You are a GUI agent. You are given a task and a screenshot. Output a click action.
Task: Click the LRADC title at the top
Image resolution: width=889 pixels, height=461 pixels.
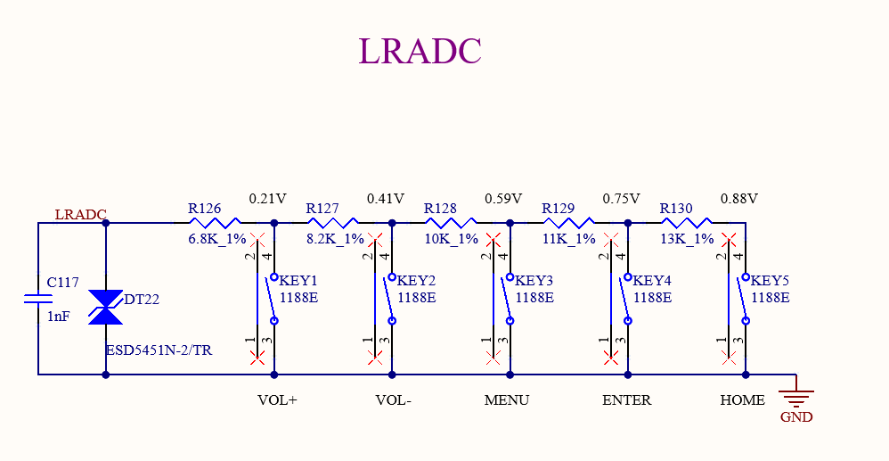pos(420,51)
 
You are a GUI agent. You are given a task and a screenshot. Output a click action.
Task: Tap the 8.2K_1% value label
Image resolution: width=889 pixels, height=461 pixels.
pos(335,239)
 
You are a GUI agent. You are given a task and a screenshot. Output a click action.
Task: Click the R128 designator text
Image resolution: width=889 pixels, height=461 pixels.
pos(440,209)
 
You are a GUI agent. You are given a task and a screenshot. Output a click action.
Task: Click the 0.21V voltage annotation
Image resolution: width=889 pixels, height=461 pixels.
pos(267,198)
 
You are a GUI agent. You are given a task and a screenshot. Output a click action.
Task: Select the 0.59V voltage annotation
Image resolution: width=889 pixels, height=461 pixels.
pos(503,198)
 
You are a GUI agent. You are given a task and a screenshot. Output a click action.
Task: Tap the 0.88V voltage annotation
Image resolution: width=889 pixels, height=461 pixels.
pos(739,198)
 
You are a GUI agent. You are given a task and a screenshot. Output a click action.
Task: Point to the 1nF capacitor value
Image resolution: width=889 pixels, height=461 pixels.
pos(58,316)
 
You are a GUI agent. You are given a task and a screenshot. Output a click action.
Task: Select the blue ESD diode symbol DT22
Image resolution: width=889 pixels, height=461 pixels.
pos(106,307)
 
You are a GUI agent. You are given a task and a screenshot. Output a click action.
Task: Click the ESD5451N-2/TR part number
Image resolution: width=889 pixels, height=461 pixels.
pos(159,350)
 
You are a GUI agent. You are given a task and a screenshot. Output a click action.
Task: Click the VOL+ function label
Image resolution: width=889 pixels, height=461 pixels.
pos(277,400)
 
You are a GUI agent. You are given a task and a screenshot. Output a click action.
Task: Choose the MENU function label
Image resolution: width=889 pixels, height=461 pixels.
pos(507,400)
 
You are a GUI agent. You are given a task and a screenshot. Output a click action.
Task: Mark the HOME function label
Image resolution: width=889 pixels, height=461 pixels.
pos(742,400)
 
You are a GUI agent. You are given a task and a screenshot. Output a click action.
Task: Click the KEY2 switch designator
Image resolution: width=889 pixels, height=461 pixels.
pos(415,280)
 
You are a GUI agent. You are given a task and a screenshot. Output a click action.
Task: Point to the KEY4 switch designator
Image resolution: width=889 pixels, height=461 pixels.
pos(652,280)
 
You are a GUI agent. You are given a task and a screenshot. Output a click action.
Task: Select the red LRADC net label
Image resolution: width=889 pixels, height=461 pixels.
pos(80,215)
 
